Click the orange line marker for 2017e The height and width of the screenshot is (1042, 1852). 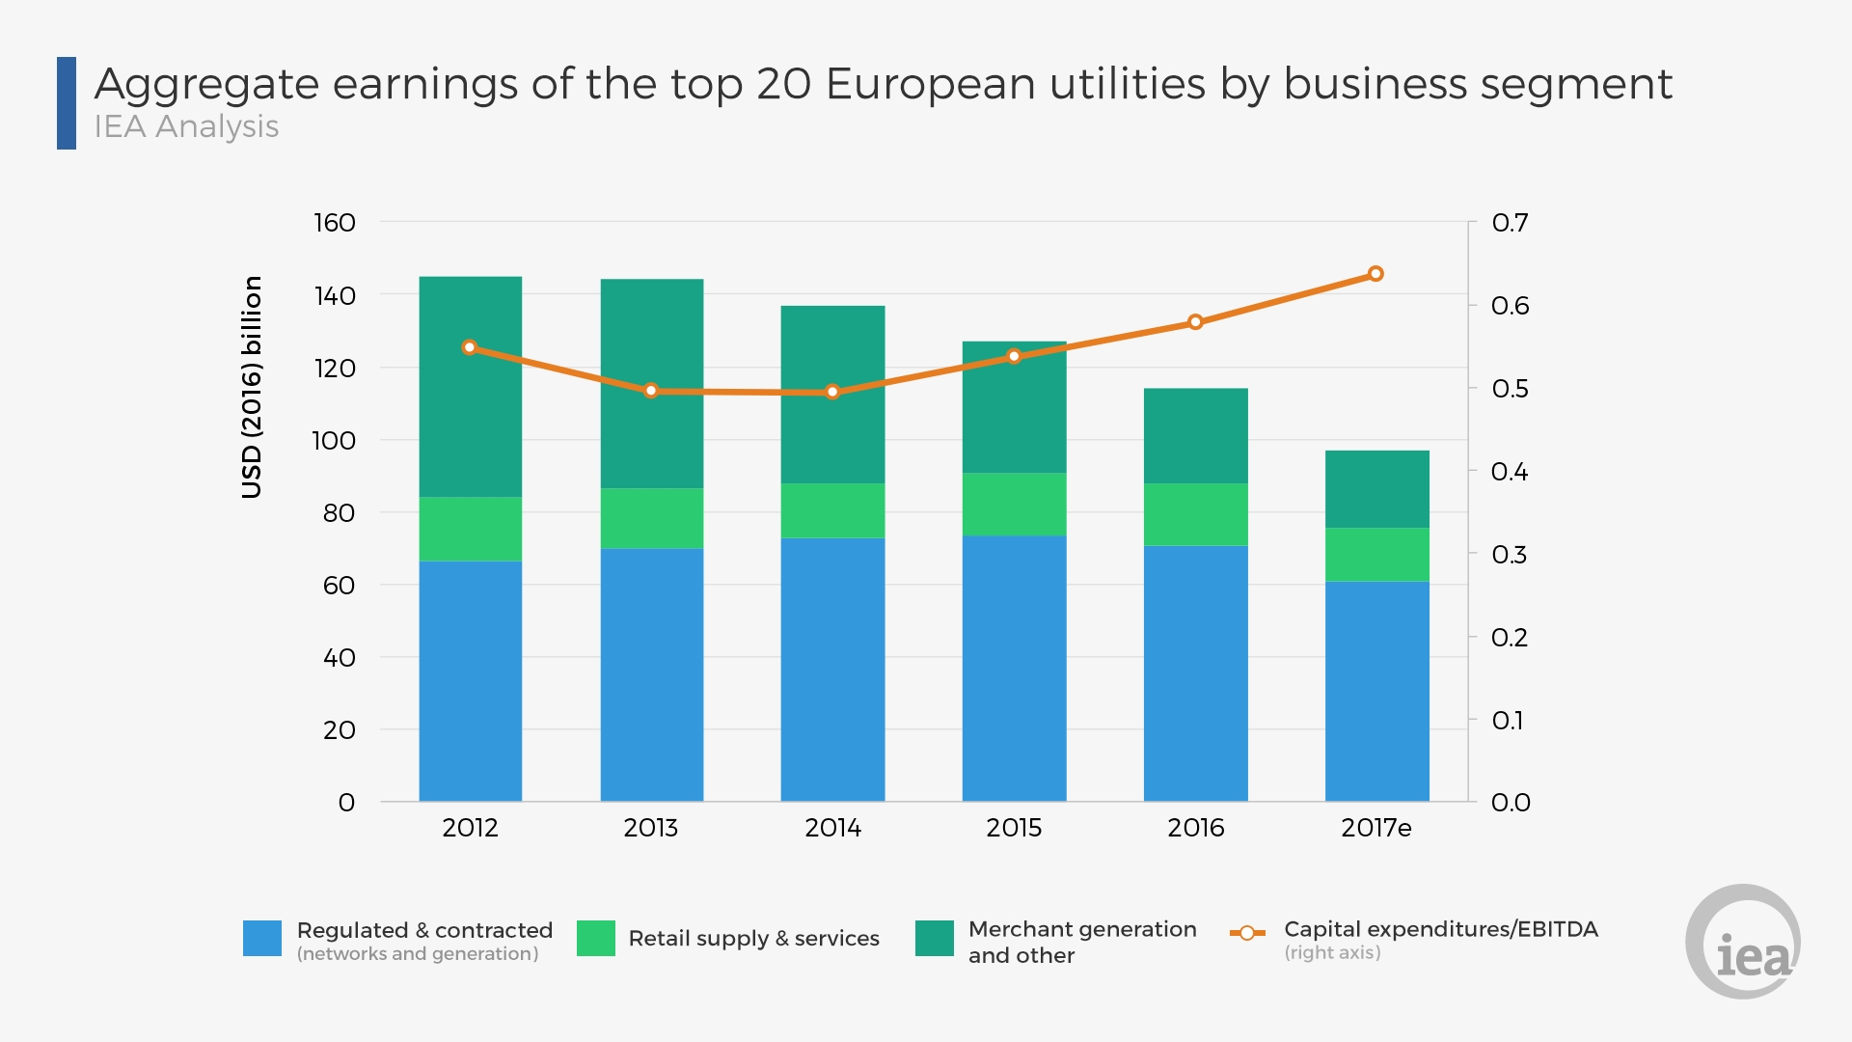coord(1375,274)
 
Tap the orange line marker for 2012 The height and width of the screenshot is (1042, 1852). coord(470,347)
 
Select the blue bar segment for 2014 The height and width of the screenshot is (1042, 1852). coord(832,670)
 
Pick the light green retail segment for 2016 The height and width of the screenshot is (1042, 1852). coord(1195,514)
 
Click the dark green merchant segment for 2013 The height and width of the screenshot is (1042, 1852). coord(651,384)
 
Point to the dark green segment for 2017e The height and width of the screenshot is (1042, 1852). coord(1376,489)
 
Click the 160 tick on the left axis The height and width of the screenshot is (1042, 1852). coord(335,223)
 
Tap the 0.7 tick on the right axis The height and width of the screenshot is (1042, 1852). coord(1510,223)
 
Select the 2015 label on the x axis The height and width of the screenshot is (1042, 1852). coord(1014,828)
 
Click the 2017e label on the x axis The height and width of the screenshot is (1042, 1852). coord(1376,828)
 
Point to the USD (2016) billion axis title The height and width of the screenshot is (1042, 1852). coord(252,387)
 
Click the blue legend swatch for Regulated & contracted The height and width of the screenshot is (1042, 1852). coord(262,938)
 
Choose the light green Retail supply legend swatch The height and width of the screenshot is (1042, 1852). coord(596,938)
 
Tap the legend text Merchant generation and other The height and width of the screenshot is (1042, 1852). coord(1082,942)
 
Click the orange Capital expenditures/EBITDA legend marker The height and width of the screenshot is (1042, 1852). coord(1247,933)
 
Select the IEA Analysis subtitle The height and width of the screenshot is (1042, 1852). coord(186,126)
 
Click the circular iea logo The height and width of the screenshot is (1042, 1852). coord(1743,942)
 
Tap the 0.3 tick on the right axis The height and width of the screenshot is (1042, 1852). coord(1510,555)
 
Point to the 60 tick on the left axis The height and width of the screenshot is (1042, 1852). coord(339,586)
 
